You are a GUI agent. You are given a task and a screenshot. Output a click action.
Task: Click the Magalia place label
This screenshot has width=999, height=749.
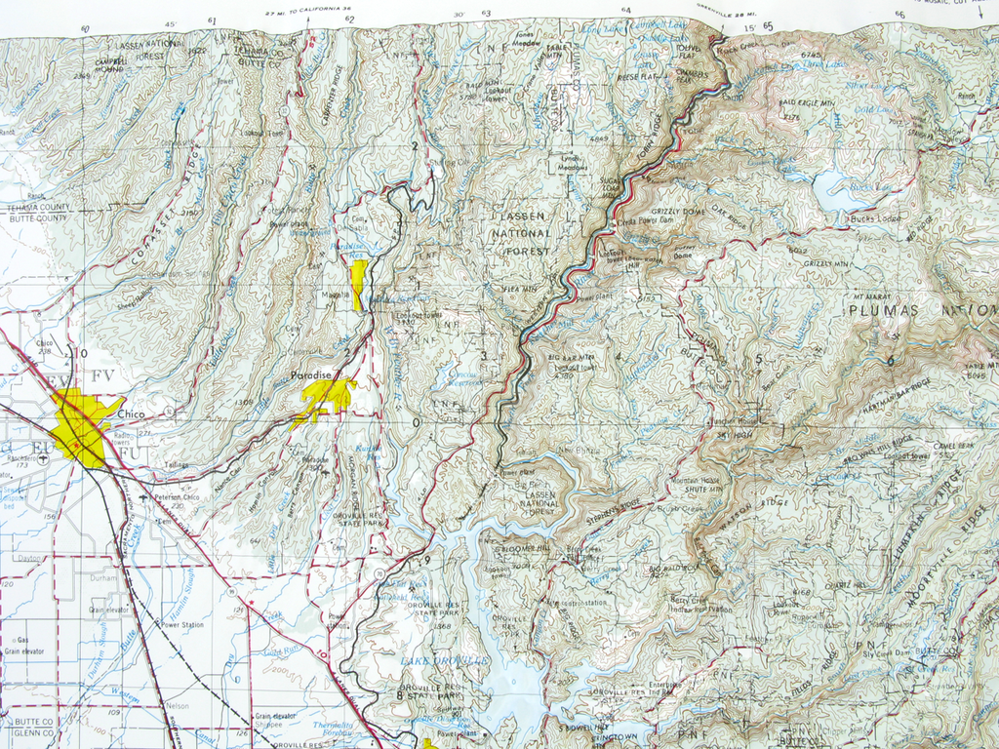(333, 293)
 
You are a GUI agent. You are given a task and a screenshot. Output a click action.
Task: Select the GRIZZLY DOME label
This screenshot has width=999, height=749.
(678, 211)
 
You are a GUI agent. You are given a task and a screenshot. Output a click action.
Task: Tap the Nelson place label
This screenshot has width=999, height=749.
(177, 705)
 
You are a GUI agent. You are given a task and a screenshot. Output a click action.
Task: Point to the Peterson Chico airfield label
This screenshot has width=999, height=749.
(177, 497)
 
